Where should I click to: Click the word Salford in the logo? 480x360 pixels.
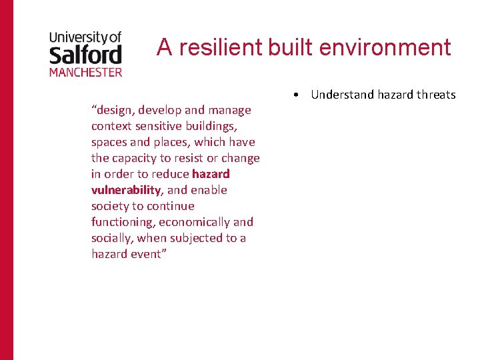(85, 53)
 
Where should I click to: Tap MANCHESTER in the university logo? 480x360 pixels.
(85, 71)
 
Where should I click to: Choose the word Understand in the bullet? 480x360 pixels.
(343, 95)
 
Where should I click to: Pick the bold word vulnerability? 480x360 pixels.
(126, 190)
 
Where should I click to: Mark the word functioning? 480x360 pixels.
(123, 222)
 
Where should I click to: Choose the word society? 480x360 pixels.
(109, 206)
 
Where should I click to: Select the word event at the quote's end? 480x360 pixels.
(145, 254)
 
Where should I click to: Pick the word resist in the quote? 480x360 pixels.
(193, 158)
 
